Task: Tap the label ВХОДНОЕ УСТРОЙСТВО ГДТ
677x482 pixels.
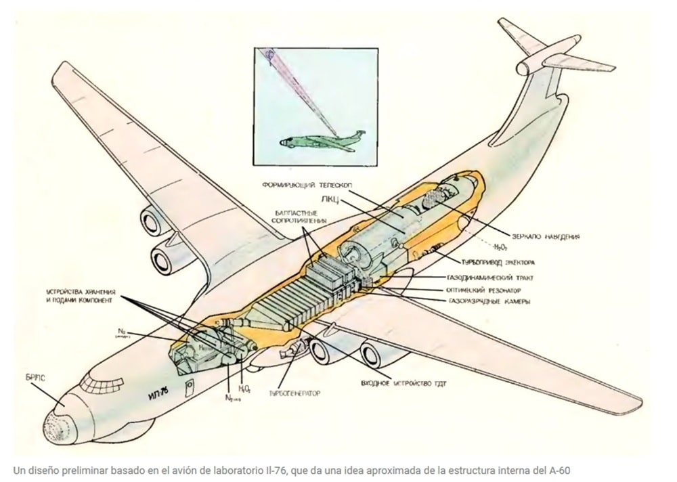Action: pyautogui.click(x=403, y=384)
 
